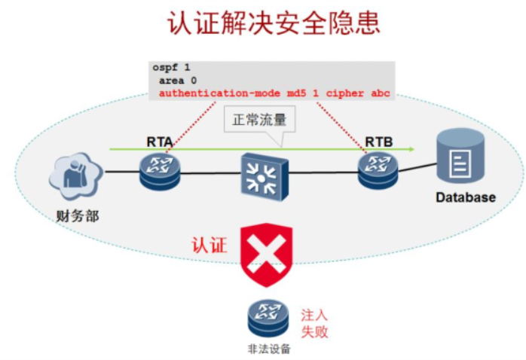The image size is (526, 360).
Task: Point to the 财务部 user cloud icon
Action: pyautogui.click(x=75, y=174)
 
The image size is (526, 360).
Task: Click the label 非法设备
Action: pyautogui.click(x=268, y=349)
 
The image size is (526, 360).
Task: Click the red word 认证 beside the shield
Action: pyautogui.click(x=209, y=246)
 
